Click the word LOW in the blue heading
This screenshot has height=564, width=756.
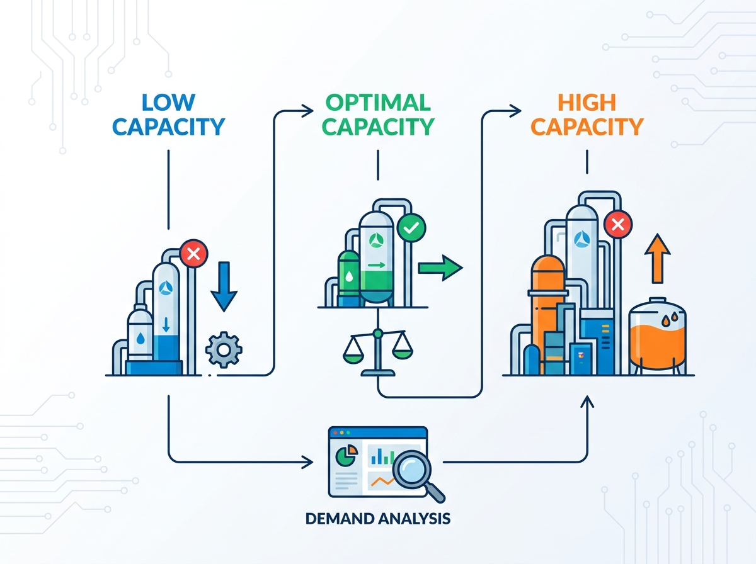168,102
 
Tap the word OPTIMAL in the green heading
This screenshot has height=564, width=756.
378,102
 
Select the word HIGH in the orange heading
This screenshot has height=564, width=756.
587,102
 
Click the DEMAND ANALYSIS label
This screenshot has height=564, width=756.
378,519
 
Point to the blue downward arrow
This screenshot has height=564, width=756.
224,286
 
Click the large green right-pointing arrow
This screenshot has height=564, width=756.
440,268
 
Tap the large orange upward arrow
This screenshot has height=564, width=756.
658,259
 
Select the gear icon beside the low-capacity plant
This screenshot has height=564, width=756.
224,349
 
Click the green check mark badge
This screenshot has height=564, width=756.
411,227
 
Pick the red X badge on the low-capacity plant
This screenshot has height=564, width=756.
194,254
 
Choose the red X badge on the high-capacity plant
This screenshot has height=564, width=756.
618,224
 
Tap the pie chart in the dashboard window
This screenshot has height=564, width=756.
347,455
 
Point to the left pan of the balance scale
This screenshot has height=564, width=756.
353,356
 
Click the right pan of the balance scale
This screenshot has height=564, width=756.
403,354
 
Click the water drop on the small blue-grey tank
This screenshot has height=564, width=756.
140,339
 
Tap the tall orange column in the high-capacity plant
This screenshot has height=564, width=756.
547,310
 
